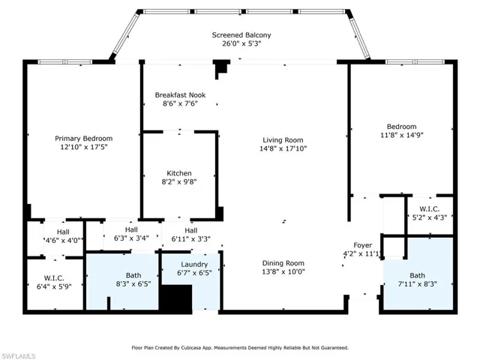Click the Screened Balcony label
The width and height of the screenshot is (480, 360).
pyautogui.click(x=241, y=35)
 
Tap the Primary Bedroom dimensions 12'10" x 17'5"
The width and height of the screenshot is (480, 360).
pyautogui.click(x=84, y=147)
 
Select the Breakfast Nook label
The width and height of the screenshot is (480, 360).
pyautogui.click(x=180, y=95)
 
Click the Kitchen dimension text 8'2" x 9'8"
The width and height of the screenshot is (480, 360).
pyautogui.click(x=179, y=181)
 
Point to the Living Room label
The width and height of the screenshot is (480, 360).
pyautogui.click(x=283, y=140)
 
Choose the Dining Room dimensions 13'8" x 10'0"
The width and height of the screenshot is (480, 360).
pyautogui.click(x=283, y=271)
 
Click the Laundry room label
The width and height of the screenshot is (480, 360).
pyautogui.click(x=194, y=265)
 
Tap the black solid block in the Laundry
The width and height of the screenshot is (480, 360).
pyautogui.click(x=176, y=298)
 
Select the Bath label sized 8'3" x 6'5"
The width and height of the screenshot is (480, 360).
pyautogui.click(x=133, y=275)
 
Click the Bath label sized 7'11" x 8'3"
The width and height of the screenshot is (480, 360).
pyautogui.click(x=418, y=275)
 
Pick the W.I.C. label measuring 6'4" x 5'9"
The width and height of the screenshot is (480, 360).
pyautogui.click(x=54, y=278)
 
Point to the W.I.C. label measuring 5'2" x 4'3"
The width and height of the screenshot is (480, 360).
pyautogui.click(x=430, y=208)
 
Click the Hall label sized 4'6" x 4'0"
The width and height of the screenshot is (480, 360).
pyautogui.click(x=63, y=232)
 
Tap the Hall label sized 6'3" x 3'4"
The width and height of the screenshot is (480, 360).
pyautogui.click(x=131, y=229)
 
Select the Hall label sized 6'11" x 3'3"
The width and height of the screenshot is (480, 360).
pyautogui.click(x=191, y=230)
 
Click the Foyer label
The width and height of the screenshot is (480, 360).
pyautogui.click(x=363, y=245)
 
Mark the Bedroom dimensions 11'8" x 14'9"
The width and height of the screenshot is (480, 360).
pyautogui.click(x=402, y=135)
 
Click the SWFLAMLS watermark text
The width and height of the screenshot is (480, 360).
pyautogui.click(x=18, y=356)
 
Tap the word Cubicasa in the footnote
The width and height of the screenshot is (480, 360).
pyautogui.click(x=190, y=348)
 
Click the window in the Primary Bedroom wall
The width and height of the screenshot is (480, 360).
pyautogui.click(x=65, y=61)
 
